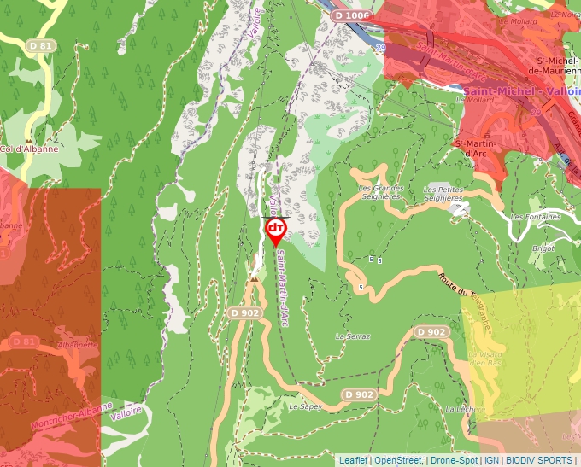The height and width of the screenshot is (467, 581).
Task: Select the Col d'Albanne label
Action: pyautogui.click(x=31, y=149)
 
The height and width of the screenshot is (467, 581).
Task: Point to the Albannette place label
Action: pyautogui.click(x=79, y=345)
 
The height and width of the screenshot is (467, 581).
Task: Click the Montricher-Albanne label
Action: pyautogui.click(x=72, y=415)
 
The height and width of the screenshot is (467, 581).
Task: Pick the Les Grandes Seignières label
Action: pyautogui.click(x=380, y=191)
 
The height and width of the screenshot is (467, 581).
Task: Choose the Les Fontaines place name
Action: pyautogui.click(x=536, y=216)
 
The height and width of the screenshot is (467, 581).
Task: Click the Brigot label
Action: pyautogui.click(x=543, y=248)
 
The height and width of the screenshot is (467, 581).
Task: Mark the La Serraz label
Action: pyautogui.click(x=353, y=336)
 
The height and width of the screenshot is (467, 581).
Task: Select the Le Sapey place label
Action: pyautogui.click(x=305, y=406)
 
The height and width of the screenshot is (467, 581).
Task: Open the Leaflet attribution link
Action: pyautogui.click(x=353, y=460)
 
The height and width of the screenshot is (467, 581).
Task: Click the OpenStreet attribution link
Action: pyautogui.click(x=398, y=460)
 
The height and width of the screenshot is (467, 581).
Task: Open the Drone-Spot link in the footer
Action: pyautogui.click(x=454, y=460)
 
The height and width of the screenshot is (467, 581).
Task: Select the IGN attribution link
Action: pyautogui.click(x=491, y=460)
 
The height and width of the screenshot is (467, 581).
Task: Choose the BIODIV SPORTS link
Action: pyautogui.click(x=539, y=460)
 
